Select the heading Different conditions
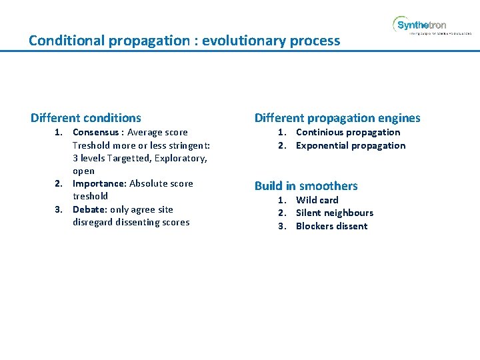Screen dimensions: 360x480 pyautogui.click(x=86, y=118)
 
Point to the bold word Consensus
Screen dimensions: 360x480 pyautogui.click(x=96, y=133)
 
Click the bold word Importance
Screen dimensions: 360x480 pyautogui.click(x=99, y=184)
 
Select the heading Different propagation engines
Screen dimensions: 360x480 pyautogui.click(x=337, y=118)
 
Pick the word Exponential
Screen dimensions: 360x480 pyautogui.click(x=325, y=145)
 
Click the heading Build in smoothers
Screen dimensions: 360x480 pyautogui.click(x=306, y=186)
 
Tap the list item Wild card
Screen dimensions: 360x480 pyautogui.click(x=317, y=200)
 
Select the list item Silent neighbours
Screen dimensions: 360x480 pyautogui.click(x=335, y=213)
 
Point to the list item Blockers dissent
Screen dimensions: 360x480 pyautogui.click(x=331, y=226)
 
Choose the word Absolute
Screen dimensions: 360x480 pyautogui.click(x=149, y=184)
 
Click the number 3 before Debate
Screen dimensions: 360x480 pyautogui.click(x=59, y=209)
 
